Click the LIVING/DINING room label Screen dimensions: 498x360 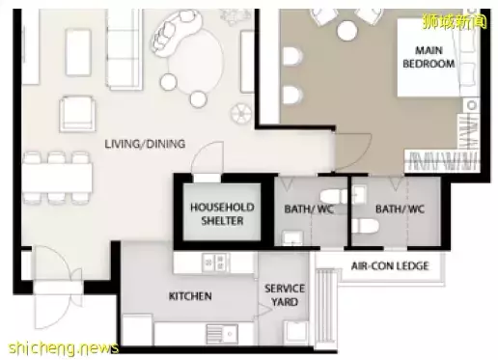click(x=145, y=144)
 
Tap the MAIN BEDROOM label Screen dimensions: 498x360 click(x=429, y=57)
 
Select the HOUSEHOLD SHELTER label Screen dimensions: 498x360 click(x=222, y=214)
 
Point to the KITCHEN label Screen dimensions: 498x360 click(x=190, y=296)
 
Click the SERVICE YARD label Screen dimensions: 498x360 click(x=285, y=295)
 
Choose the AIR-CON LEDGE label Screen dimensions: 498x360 click(x=390, y=266)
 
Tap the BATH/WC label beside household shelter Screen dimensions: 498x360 click(x=310, y=209)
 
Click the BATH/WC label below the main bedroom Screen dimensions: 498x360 click(x=401, y=209)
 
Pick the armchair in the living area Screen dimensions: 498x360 click(x=77, y=114)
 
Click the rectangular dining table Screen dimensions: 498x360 click(x=57, y=179)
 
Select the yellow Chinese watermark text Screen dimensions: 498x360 click(x=455, y=21)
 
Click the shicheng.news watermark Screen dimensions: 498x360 click(x=64, y=347)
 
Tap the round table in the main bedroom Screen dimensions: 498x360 click(x=346, y=31)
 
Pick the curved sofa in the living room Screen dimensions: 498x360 click(x=178, y=33)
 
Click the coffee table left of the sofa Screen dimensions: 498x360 click(x=78, y=52)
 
